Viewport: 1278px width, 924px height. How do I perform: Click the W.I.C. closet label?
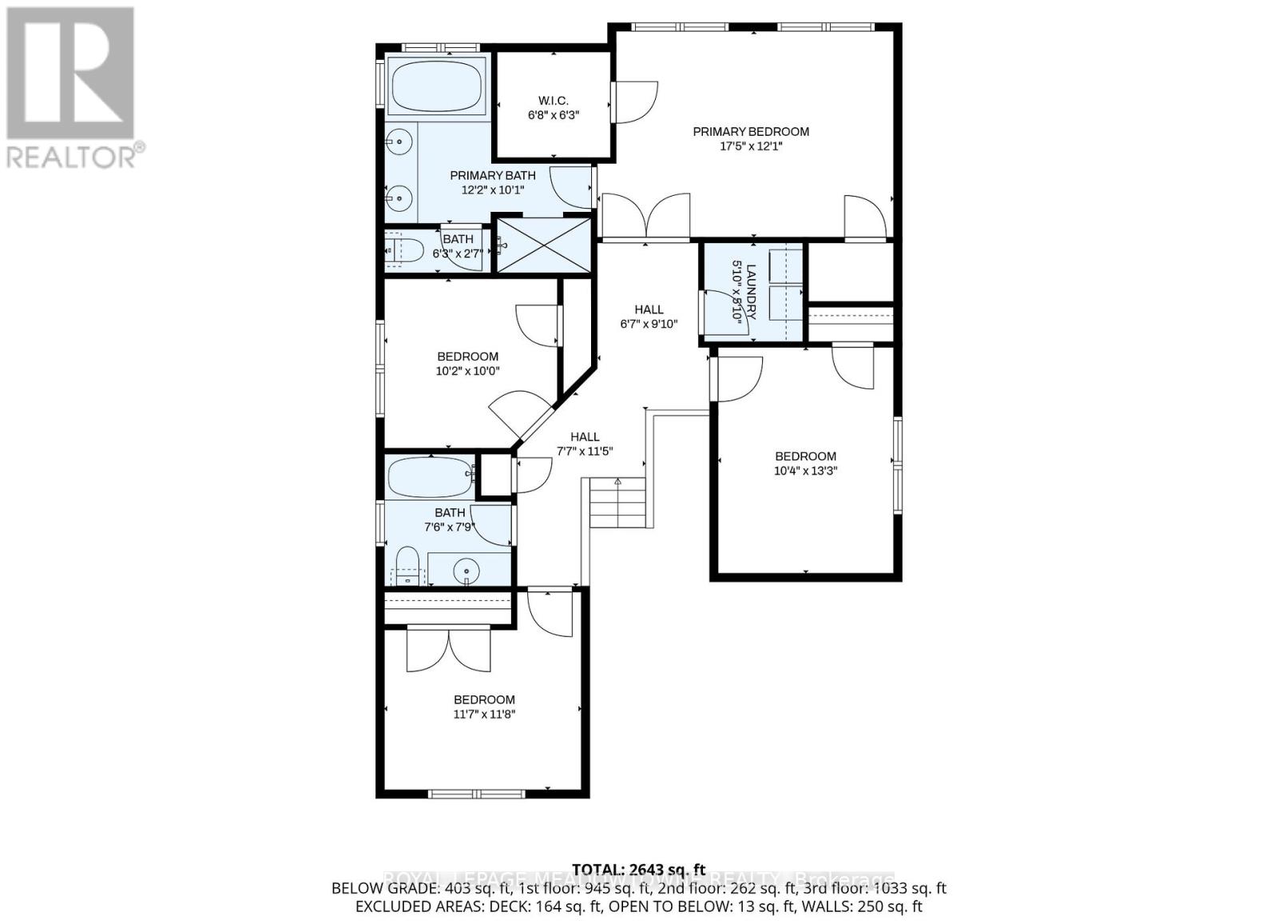(553, 101)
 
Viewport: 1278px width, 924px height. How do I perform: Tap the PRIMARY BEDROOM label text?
(750, 132)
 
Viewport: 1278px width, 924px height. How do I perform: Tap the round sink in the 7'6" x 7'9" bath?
(466, 571)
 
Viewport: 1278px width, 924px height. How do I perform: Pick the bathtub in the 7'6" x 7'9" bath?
(431, 476)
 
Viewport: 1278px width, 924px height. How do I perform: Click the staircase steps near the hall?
(617, 503)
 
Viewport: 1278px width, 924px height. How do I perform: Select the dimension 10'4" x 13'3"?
(805, 471)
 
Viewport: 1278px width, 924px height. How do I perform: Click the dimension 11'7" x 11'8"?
(484, 715)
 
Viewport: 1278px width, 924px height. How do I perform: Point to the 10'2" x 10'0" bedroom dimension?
(467, 371)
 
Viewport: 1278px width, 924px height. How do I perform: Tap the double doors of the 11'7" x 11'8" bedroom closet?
(448, 650)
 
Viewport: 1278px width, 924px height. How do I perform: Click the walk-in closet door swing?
(636, 102)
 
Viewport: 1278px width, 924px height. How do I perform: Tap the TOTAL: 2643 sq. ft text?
(639, 870)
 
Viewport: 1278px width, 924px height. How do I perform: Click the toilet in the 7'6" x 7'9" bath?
(407, 565)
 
